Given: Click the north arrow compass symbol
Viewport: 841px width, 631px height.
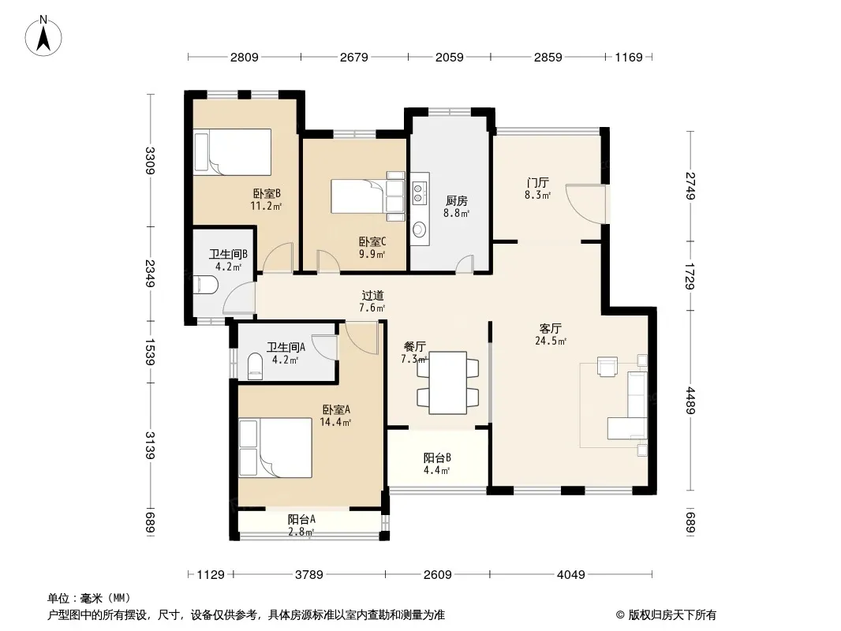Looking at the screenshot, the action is tap(43, 36).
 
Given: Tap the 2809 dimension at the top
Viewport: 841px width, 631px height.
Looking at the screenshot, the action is tap(245, 58).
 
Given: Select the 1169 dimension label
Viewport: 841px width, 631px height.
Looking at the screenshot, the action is tap(629, 58).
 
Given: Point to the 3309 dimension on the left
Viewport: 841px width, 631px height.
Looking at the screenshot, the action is tap(150, 161).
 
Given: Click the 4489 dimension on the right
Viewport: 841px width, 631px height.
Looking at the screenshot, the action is tap(690, 401).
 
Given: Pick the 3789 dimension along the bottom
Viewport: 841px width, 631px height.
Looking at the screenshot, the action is tap(309, 575).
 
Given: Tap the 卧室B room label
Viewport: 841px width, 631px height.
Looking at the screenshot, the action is tap(267, 193).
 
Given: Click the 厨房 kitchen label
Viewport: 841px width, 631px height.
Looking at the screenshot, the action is tap(457, 200).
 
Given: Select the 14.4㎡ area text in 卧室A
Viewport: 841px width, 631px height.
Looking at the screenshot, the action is tap(336, 422).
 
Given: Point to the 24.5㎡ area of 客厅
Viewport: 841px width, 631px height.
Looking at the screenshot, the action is tap(551, 341).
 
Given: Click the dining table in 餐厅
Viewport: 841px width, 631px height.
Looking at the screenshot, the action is tap(448, 383).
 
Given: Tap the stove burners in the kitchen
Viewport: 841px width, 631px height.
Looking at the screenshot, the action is tap(420, 192).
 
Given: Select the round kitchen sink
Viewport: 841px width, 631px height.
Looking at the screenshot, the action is tap(419, 230).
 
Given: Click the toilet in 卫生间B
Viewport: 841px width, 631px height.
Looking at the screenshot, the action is tap(205, 285).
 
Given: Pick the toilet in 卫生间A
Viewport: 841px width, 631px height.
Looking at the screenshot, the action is tap(256, 368).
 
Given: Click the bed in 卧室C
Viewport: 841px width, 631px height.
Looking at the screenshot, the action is tap(368, 196).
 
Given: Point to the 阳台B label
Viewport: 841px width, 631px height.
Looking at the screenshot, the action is tap(437, 457).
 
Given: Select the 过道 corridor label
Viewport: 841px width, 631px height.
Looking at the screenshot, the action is tap(372, 296).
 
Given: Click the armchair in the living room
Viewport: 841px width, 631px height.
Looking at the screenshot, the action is tap(607, 367).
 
